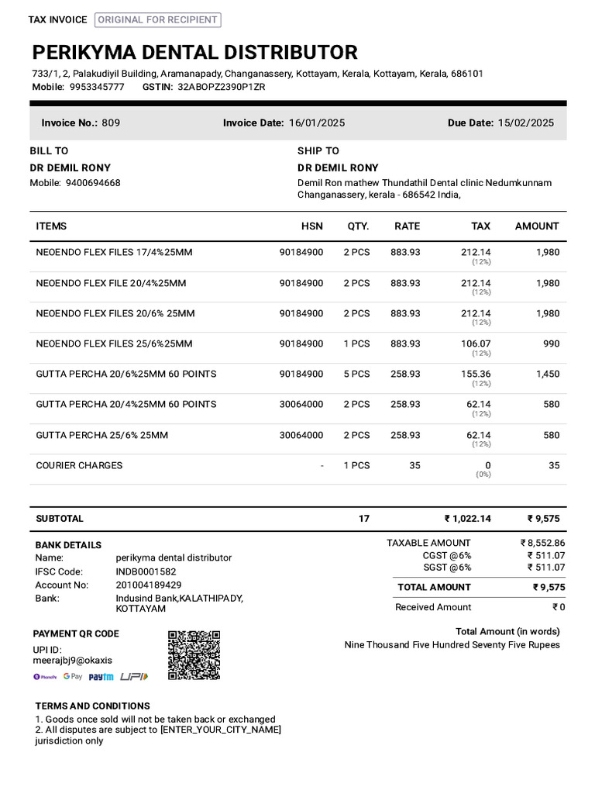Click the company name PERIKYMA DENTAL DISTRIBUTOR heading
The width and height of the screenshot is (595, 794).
[x=194, y=53]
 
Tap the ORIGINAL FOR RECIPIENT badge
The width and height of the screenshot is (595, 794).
[x=158, y=20]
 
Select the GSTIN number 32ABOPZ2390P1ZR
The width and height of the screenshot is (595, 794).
[x=222, y=87]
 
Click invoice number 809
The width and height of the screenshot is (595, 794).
[x=111, y=123]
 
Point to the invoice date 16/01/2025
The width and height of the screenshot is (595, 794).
[x=317, y=123]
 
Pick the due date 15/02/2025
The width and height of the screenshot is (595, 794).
[x=525, y=123]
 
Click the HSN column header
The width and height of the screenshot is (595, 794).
[x=312, y=226]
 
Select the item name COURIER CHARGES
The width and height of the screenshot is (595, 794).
[x=79, y=465]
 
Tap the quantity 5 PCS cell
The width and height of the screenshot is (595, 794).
[x=356, y=374]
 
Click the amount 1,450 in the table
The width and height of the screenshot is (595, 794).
[x=547, y=374]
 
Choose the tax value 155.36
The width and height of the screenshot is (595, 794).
[x=475, y=374]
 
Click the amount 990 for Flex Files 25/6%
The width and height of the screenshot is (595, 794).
[x=551, y=343]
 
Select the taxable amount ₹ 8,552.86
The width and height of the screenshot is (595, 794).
[x=542, y=543]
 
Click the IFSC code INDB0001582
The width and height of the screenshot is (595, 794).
[x=146, y=571]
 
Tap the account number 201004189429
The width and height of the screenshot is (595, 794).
[x=149, y=585]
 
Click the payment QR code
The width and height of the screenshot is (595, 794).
[x=194, y=655]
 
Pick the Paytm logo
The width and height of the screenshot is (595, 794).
[x=101, y=677]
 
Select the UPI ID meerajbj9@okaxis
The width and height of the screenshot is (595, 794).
[x=72, y=661]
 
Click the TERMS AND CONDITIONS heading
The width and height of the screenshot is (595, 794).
[x=92, y=706]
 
